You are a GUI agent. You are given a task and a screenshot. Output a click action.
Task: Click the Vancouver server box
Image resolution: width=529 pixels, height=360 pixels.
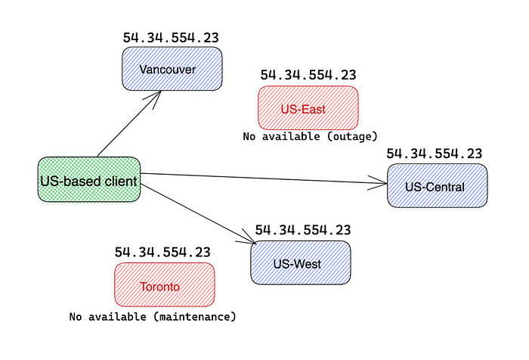pyautogui.click(x=172, y=69)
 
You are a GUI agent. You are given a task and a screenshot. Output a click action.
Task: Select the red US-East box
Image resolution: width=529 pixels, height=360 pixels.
pyautogui.click(x=308, y=108)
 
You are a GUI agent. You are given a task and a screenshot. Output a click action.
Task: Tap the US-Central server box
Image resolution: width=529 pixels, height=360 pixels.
pyautogui.click(x=438, y=186)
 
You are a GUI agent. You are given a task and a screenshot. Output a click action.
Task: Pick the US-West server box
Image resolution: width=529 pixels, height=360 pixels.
pyautogui.click(x=301, y=262)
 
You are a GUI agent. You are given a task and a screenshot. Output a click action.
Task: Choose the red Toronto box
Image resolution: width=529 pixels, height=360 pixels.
pyautogui.click(x=165, y=284)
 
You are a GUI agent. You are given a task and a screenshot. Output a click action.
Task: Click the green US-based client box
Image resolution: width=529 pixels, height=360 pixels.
pyautogui.click(x=89, y=180)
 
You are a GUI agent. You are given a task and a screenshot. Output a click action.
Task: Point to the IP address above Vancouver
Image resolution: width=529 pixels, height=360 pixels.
pyautogui.click(x=171, y=38)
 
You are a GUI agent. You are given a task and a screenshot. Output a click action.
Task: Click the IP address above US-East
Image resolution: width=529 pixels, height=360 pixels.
pyautogui.click(x=308, y=75)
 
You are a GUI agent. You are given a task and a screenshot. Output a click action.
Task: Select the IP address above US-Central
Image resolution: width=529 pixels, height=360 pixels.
pyautogui.click(x=435, y=154)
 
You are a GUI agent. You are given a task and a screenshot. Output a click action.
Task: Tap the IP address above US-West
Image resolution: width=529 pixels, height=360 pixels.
pyautogui.click(x=303, y=230)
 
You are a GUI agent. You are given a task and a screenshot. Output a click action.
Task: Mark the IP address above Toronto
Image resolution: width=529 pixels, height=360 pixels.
pyautogui.click(x=162, y=252)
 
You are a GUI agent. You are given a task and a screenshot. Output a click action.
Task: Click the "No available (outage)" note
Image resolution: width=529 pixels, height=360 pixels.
pyautogui.click(x=310, y=136)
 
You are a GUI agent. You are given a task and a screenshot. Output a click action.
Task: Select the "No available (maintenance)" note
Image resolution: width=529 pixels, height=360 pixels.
pyautogui.click(x=153, y=317)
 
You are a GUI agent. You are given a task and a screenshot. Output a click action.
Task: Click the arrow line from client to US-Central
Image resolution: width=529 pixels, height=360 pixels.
pyautogui.click(x=264, y=178)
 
